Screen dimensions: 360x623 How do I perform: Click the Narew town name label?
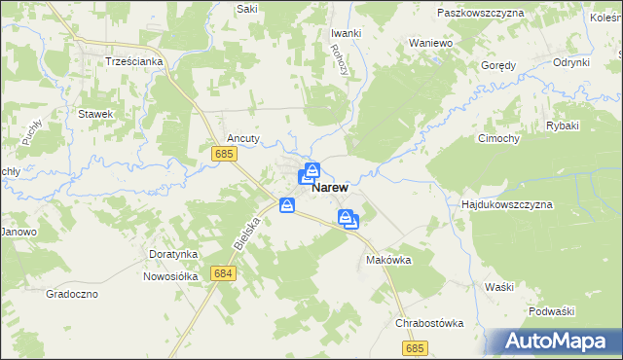(x=331, y=192)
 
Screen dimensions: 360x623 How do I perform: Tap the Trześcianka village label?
(x=133, y=60)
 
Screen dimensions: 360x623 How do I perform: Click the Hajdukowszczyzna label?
(x=506, y=205)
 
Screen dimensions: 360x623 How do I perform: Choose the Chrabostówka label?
(x=429, y=323)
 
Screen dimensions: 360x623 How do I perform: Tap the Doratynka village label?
(x=173, y=254)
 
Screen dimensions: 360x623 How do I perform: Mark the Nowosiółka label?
(x=170, y=275)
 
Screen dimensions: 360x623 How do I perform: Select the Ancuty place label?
(x=242, y=138)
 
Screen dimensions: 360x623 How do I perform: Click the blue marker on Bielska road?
(x=287, y=205)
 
